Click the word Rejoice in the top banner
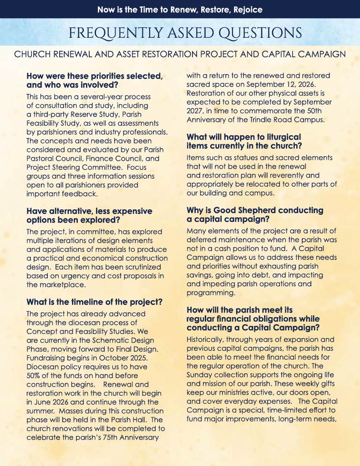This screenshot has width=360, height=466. point(246,9)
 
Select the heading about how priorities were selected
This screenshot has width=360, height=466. point(94,80)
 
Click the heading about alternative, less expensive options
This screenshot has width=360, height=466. point(89,216)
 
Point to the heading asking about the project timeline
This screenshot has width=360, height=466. point(94,302)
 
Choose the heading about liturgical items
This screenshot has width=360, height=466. point(243,141)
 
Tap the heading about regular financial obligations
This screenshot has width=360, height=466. point(253,319)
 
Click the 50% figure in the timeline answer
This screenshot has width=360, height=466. point(35,375)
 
